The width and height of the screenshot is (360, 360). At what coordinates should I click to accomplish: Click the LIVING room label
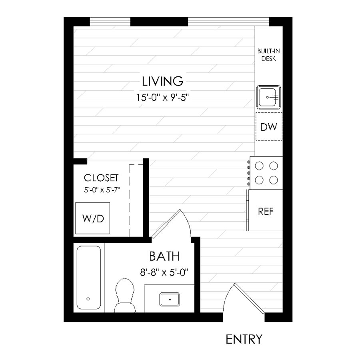click(163, 82)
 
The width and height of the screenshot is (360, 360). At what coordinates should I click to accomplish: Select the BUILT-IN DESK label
click(268, 55)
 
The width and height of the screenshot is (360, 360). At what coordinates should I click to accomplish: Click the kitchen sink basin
click(269, 96)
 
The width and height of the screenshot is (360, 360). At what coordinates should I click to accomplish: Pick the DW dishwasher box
click(269, 127)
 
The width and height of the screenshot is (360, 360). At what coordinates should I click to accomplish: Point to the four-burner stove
click(266, 173)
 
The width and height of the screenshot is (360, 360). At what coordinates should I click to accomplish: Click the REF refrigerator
click(266, 211)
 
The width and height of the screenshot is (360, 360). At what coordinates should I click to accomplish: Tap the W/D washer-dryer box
click(93, 218)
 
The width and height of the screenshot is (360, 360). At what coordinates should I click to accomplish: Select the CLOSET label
click(101, 178)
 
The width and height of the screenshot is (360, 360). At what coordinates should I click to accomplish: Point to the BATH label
click(164, 256)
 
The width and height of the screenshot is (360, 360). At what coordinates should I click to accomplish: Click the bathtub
click(88, 277)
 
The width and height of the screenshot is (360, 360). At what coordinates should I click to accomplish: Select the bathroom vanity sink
click(170, 298)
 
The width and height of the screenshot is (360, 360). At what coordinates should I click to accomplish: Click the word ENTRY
click(244, 340)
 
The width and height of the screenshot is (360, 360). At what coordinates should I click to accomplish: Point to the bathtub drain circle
click(88, 298)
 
